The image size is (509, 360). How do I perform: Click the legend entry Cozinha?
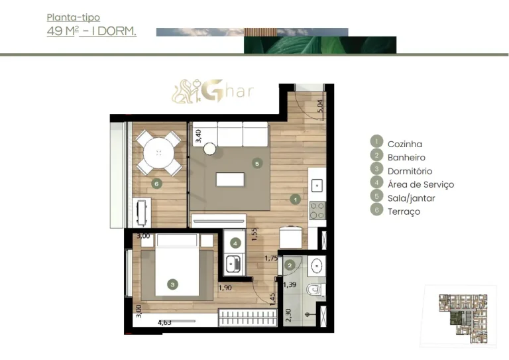(404, 144)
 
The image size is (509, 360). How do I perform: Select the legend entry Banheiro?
(406, 158)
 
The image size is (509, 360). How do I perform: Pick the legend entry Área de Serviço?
(420, 185)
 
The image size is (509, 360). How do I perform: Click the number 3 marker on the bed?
(172, 284)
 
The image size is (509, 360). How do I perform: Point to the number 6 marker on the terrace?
(156, 184)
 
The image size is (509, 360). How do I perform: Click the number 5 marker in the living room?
(258, 163)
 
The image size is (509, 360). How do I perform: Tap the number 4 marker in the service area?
(235, 243)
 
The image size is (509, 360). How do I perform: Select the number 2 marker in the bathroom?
(289, 265)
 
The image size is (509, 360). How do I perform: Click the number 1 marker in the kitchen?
(296, 198)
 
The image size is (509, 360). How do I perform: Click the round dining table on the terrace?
(159, 153)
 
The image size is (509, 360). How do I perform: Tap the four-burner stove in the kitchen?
(317, 210)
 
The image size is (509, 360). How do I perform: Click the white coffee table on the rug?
(230, 180)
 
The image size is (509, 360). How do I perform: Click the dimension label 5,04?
(321, 106)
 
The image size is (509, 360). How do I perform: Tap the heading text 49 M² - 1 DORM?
(91, 30)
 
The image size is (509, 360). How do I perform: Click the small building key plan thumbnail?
(458, 317)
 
